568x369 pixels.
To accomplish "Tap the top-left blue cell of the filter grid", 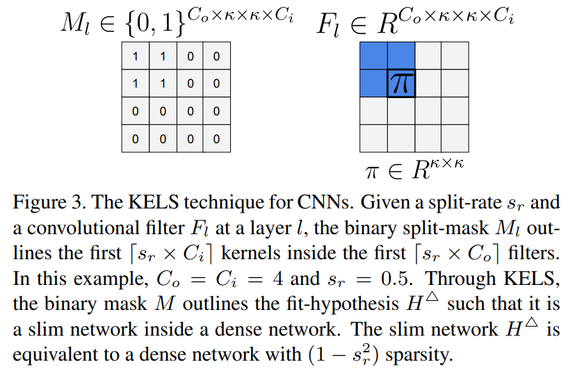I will pyautogui.click(x=373, y=56).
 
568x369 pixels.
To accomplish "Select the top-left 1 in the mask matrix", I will pyautogui.click(x=136, y=56).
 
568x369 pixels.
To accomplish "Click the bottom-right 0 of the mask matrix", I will pyautogui.click(x=216, y=138).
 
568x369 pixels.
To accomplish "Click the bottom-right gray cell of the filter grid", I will pyautogui.click(x=453, y=138).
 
